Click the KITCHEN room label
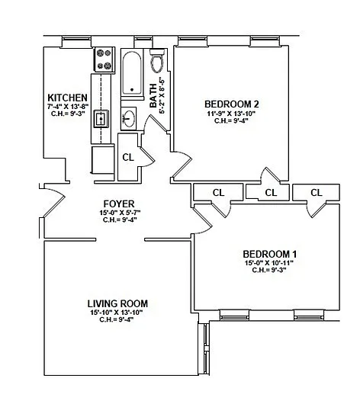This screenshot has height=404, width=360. tap(68, 98)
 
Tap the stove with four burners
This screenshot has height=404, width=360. tap(104, 59)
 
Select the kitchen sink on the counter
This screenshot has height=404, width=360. tap(101, 118)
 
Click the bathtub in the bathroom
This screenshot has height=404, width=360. tap(132, 73)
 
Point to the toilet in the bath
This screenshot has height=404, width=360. tap(157, 61)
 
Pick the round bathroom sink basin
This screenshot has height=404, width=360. tap(129, 118)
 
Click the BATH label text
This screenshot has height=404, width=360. tap(153, 95)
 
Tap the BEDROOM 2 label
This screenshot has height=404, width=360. tap(232, 104)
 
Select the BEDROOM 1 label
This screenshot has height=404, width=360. tap(269, 255)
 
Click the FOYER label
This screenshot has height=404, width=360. tap(119, 204)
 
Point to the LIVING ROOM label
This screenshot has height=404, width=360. tap(117, 304)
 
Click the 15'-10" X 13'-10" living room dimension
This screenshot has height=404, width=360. tap(117, 313)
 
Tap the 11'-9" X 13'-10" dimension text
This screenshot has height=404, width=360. tap(231, 114)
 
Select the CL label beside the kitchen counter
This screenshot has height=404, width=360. tap(128, 157)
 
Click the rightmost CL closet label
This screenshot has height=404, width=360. tap(317, 192)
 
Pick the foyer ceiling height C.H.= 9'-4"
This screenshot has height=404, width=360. tap(120, 220)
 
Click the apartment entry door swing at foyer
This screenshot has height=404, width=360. tap(53, 201)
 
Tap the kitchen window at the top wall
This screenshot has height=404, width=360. tap(76, 41)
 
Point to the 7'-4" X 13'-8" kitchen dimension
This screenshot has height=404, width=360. tap(68, 106)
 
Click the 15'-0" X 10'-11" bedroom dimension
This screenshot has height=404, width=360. tap(269, 263)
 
